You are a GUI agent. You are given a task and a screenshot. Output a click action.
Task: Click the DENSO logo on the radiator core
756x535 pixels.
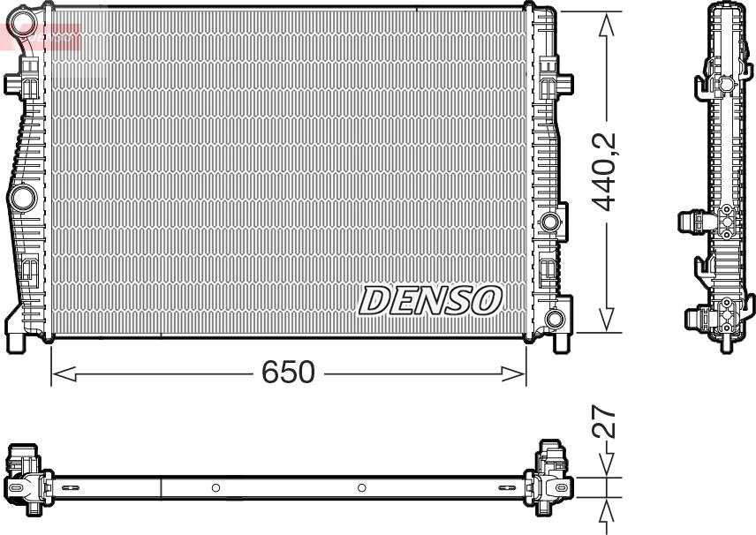pos(430,301)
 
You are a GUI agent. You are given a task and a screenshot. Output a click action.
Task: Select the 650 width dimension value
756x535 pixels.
pos(288,373)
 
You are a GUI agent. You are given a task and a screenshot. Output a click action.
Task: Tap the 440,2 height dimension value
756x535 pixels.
pos(605,172)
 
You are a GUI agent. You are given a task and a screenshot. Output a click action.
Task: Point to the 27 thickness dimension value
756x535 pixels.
pos(605,422)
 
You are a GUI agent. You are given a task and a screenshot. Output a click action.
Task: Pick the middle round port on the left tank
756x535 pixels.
pos(23,195)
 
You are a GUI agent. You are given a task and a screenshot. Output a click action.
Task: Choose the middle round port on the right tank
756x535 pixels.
pos(552,221)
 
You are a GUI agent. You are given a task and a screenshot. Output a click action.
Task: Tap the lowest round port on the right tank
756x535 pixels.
pos(556,318)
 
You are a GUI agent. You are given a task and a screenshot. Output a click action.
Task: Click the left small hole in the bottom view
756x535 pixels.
pos(215,487)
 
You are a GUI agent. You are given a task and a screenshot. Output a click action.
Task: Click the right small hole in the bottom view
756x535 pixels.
pos(361,487)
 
